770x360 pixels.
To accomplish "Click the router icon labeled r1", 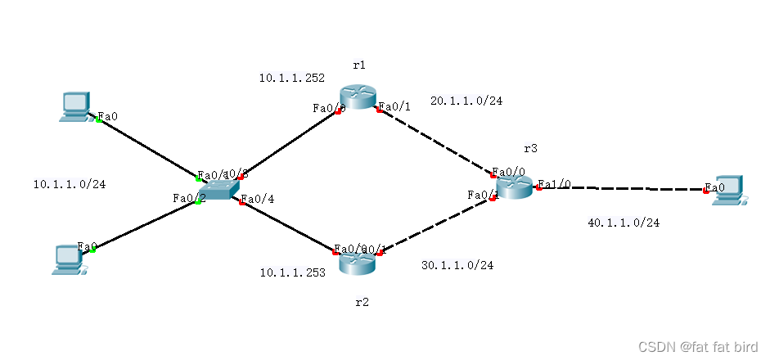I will pyautogui.click(x=357, y=97).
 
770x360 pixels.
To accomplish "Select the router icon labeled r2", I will pyautogui.click(x=358, y=263).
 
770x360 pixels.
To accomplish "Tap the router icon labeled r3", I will pyautogui.click(x=514, y=187).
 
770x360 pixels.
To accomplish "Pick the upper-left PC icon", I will pyautogui.click(x=74, y=106).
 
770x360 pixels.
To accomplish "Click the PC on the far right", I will pyautogui.click(x=727, y=189).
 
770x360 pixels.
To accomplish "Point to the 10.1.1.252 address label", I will pyautogui.click(x=292, y=79).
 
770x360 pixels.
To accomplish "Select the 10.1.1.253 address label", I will pyautogui.click(x=292, y=272).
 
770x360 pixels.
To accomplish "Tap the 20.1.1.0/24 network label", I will pyautogui.click(x=466, y=101).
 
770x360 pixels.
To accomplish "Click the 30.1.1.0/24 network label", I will pyautogui.click(x=457, y=265).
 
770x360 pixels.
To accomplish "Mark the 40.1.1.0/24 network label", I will pyautogui.click(x=624, y=223).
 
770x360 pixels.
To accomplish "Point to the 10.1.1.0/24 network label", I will pyautogui.click(x=69, y=184).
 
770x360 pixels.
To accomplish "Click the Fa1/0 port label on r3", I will pyautogui.click(x=554, y=184).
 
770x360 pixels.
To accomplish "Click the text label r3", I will pyautogui.click(x=531, y=149).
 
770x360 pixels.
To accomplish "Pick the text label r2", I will pyautogui.click(x=362, y=302).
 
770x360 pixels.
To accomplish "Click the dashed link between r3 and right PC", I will pyautogui.click(x=622, y=188).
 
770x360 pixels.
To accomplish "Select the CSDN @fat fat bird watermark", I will pyautogui.click(x=698, y=346).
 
